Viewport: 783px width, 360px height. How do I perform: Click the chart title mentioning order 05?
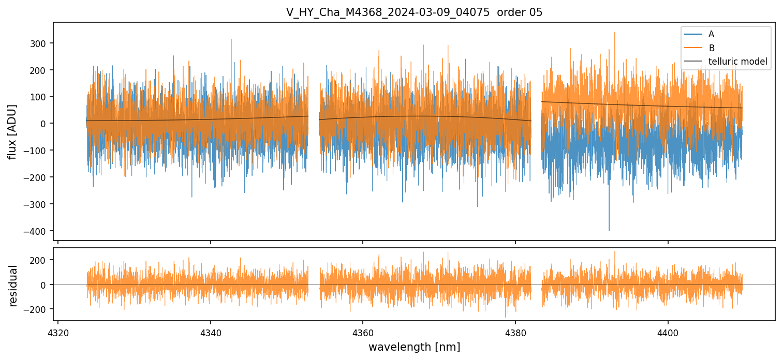(x=414, y=12)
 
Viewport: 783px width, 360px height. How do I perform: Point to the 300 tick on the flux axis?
(x=39, y=43)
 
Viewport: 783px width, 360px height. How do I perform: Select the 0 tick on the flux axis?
(x=43, y=124)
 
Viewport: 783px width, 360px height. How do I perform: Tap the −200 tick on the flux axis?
(x=37, y=177)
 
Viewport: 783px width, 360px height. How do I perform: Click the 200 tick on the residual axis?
(x=39, y=260)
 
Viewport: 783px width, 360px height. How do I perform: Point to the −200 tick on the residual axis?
(x=37, y=309)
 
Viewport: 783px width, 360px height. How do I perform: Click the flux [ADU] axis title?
(x=13, y=131)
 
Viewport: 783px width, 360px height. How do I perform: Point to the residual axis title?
(x=13, y=286)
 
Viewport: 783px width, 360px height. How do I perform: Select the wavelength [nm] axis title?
(x=414, y=347)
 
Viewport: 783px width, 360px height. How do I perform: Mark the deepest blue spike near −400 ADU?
(x=609, y=230)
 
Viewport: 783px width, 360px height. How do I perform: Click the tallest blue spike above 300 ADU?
(x=231, y=40)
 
